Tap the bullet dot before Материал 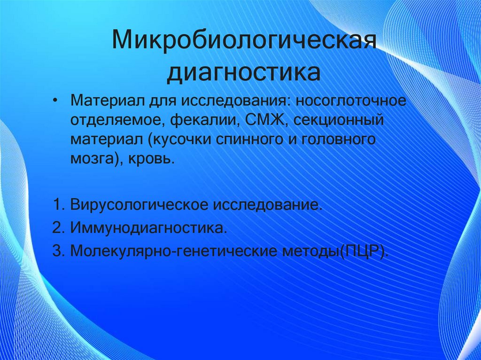click(x=56, y=101)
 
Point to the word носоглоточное click(x=351, y=101)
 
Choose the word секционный click(x=334, y=121)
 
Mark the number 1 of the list click(x=57, y=205)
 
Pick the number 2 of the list click(x=57, y=228)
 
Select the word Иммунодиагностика click(x=147, y=228)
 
